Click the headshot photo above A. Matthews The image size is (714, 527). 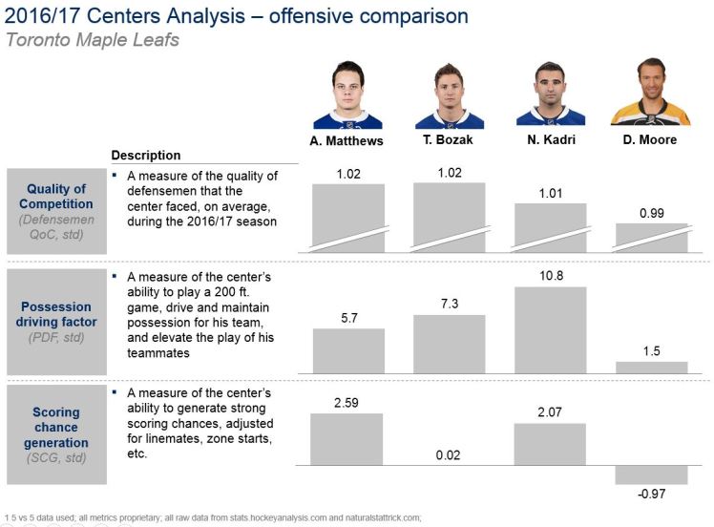pyautogui.click(x=347, y=95)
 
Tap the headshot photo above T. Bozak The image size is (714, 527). pyautogui.click(x=449, y=95)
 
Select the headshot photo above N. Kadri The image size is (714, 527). pyautogui.click(x=550, y=95)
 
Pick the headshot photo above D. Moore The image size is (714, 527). pyautogui.click(x=651, y=95)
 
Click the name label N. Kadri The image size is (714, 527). pyautogui.click(x=550, y=140)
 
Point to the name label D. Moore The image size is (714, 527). pyautogui.click(x=651, y=140)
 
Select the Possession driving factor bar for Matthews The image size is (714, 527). pyautogui.click(x=348, y=350)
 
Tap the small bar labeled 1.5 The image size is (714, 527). pyautogui.click(x=651, y=367)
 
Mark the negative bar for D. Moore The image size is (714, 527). pyautogui.click(x=651, y=474)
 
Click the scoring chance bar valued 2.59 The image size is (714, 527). pyautogui.click(x=348, y=439)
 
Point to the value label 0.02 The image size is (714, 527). pyautogui.click(x=449, y=455)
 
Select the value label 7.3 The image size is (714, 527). pyautogui.click(x=449, y=303)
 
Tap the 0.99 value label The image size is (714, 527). pyautogui.click(x=651, y=213)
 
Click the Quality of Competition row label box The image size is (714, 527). pyautogui.click(x=60, y=211)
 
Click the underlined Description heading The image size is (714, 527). pyautogui.click(x=146, y=156)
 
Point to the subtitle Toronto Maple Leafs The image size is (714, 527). pyautogui.click(x=92, y=40)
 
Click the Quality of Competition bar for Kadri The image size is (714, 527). pyautogui.click(x=550, y=228)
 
